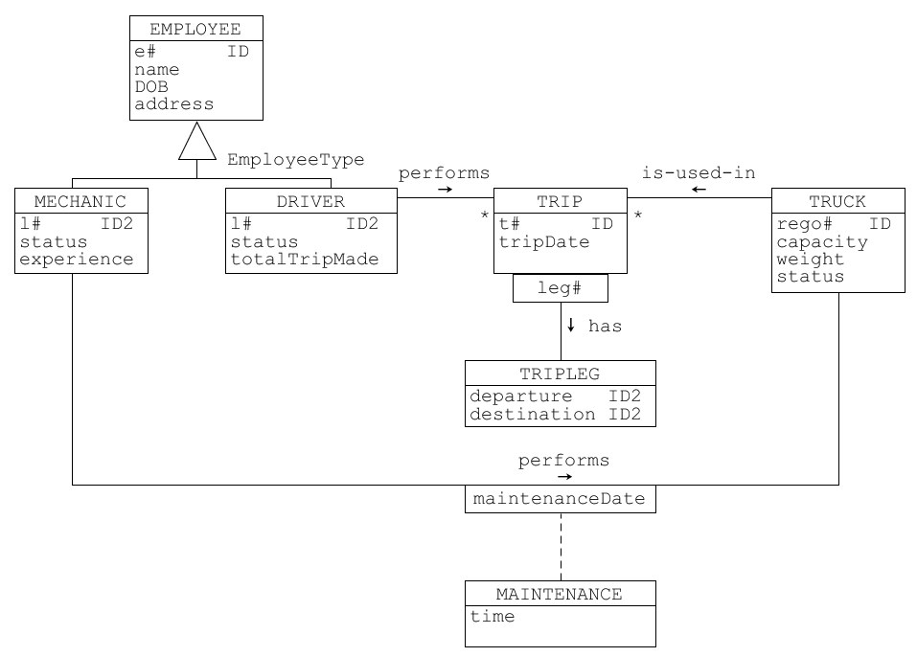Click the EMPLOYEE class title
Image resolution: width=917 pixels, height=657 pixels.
[195, 30]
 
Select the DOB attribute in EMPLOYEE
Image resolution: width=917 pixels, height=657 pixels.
[151, 87]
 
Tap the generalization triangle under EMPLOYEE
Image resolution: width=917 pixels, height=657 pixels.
[197, 141]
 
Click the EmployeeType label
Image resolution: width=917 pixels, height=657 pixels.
[295, 160]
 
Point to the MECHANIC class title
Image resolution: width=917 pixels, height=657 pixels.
[80, 202]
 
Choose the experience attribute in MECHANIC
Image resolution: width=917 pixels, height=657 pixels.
[77, 260]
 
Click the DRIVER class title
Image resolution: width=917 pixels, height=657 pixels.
[310, 202]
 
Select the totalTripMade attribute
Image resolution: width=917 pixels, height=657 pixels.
[305, 260]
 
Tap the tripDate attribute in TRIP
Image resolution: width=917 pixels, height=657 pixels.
[544, 242]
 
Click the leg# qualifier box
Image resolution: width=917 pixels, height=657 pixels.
[561, 288]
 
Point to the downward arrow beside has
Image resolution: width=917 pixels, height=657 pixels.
[571, 325]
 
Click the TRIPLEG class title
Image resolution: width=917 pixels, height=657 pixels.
[560, 374]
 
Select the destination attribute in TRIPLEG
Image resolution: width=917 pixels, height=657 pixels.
[532, 415]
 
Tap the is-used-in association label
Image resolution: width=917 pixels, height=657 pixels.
[699, 173]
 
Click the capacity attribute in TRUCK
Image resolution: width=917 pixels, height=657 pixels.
[822, 242]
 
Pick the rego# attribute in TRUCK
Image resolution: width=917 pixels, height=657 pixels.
[804, 224]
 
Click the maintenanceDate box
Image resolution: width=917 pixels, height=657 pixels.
[561, 499]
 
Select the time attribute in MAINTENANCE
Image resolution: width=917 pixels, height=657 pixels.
[493, 616]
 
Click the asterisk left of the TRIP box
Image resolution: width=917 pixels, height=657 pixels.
[484, 215]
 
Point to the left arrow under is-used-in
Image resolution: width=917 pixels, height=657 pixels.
[699, 190]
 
